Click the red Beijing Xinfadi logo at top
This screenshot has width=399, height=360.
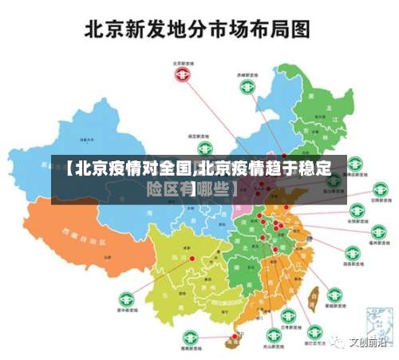184,74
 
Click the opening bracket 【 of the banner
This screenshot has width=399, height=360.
68,169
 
